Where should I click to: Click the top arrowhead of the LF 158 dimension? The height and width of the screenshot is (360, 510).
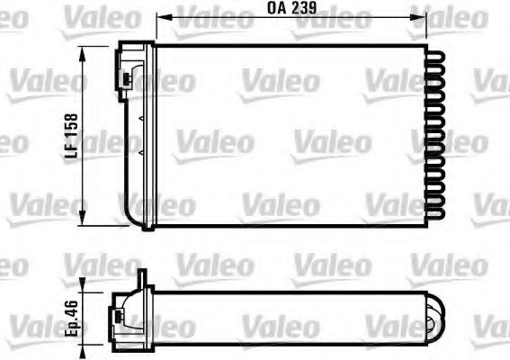click(84, 51)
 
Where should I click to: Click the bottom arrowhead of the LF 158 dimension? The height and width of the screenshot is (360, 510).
click(84, 222)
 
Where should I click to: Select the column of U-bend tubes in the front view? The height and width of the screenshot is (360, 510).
click(436, 135)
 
